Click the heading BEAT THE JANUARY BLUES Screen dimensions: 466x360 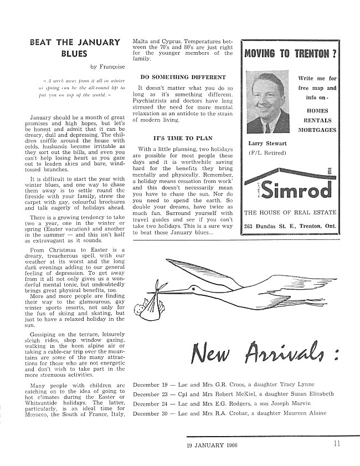74,48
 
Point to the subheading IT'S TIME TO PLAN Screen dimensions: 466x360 182,137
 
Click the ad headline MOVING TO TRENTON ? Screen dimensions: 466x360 291,54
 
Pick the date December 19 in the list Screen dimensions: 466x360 151,384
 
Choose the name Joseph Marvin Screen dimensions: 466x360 279,403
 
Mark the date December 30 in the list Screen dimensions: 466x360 151,413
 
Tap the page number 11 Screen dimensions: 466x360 337,443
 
